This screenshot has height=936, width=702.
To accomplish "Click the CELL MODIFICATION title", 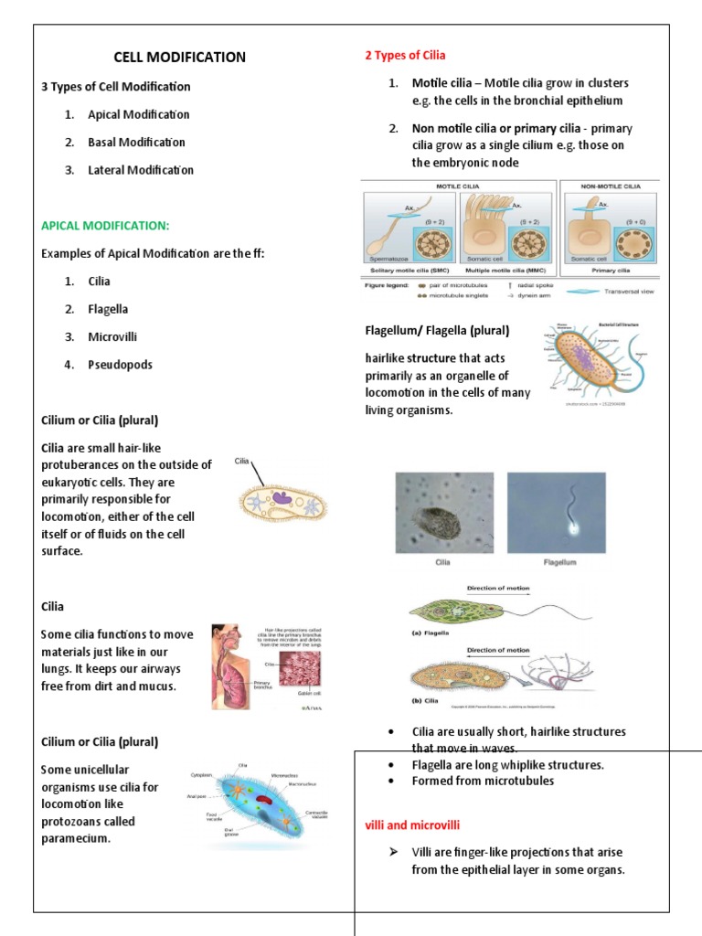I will [179, 58].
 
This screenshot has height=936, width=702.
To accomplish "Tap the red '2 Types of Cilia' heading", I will [405, 56].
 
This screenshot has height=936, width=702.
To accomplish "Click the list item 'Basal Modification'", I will [136, 143].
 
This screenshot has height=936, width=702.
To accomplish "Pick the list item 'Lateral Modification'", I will [140, 170].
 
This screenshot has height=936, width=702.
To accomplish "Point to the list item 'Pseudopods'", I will [120, 365].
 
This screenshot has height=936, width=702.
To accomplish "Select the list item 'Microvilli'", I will [112, 337].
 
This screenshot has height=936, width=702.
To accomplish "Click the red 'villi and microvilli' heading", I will [412, 824].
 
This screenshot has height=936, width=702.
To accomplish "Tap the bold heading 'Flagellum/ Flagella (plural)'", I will [437, 330].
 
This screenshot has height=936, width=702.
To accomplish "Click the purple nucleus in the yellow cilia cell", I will [282, 499].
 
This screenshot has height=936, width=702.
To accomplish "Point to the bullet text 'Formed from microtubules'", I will [483, 781].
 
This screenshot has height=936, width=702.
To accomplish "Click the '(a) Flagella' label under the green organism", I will [431, 631].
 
